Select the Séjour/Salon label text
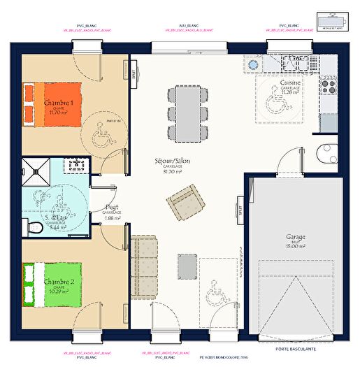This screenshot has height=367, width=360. [x=172, y=161]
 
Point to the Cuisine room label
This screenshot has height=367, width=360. [x=290, y=83]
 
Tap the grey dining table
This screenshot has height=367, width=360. [x=188, y=113]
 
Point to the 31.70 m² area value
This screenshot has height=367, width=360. [x=173, y=171]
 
